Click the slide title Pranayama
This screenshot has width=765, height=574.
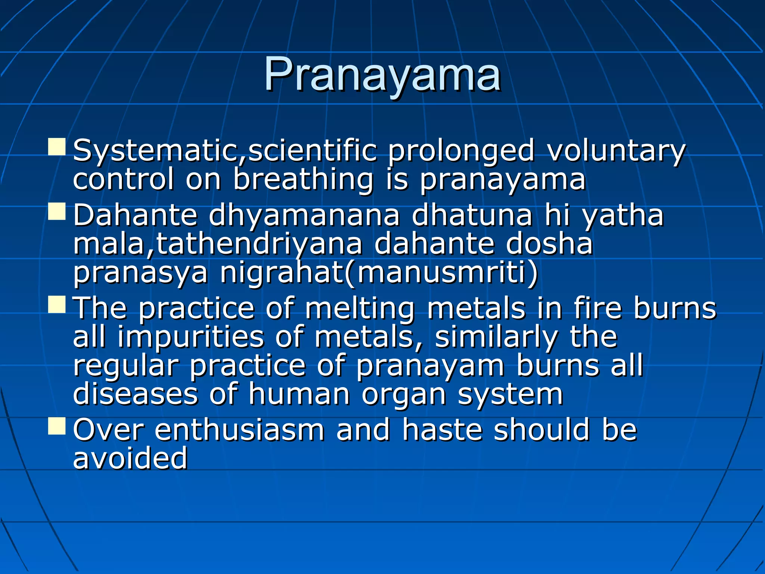(382, 75)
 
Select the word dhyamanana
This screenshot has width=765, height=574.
(304, 216)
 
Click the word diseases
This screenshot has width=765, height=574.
(135, 394)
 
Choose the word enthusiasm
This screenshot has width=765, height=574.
(239, 430)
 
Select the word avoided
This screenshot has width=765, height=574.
(130, 458)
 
